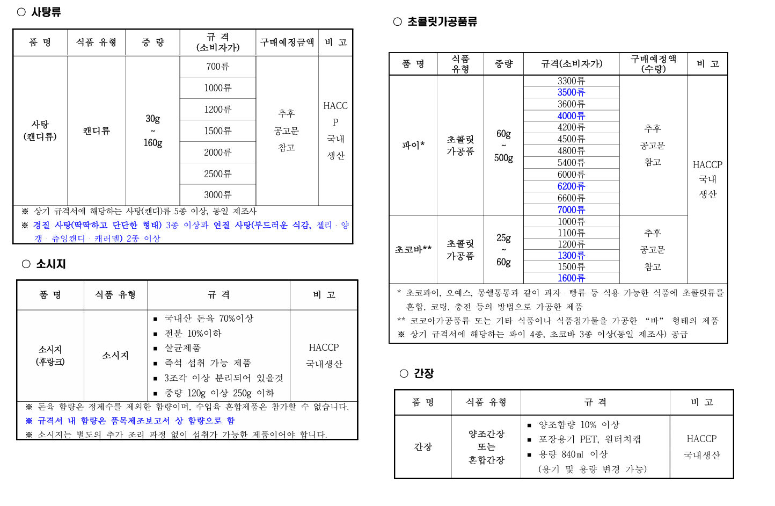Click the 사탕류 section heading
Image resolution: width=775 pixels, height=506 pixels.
coord(46,12)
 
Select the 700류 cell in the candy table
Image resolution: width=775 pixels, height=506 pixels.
coord(217,67)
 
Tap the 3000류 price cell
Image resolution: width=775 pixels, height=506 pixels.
coord(217,194)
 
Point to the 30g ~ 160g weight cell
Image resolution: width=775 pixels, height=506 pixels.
coord(152,131)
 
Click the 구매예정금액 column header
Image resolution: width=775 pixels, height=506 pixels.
coord(287,42)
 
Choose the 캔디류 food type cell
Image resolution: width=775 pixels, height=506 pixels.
coord(96,131)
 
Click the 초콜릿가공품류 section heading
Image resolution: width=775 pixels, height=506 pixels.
coord(442,21)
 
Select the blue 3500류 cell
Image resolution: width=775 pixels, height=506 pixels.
coord(571,92)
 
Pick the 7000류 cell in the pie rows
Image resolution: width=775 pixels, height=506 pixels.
coord(571,210)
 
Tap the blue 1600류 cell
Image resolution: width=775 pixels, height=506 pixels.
coord(571,278)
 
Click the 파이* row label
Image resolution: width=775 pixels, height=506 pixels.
coord(413,145)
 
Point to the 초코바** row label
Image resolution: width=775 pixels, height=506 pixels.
coord(413,249)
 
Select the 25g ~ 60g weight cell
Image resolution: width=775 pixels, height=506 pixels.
coord(503,250)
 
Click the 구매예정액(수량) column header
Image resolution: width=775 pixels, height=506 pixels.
coord(653,63)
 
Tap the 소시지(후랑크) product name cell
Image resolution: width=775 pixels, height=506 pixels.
coord(50,355)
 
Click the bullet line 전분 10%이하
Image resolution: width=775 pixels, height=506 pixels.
coord(193,334)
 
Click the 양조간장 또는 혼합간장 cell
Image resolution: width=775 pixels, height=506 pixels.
coord(486,446)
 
